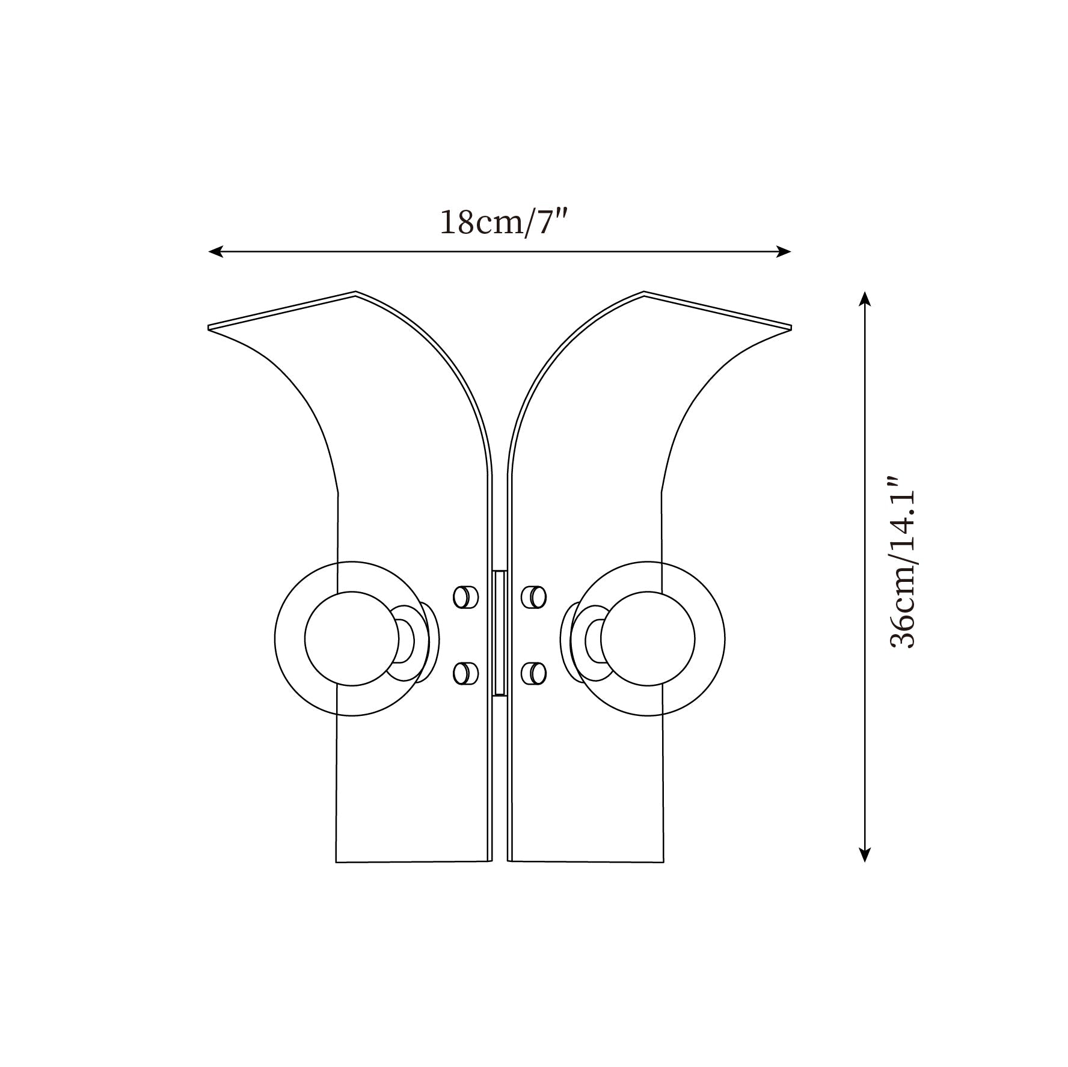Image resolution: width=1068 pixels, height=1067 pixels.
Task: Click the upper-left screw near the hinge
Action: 464,598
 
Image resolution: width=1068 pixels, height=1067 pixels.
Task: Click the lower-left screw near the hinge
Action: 464,673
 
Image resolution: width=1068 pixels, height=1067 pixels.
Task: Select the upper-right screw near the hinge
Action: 534,598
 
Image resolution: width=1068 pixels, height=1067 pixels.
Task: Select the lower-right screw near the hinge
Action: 534,673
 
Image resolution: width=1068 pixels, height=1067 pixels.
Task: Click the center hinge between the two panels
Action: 499,633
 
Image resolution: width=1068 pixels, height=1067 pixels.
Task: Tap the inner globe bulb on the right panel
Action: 647,638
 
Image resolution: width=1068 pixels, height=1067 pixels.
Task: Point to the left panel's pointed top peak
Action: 355,293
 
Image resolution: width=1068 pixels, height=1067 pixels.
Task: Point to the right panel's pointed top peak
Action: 644,293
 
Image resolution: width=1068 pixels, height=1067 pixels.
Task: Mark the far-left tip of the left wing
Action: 209,328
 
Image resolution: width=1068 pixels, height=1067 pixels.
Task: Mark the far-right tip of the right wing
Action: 790,328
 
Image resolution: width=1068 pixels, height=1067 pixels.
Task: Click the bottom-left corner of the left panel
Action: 336,861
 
